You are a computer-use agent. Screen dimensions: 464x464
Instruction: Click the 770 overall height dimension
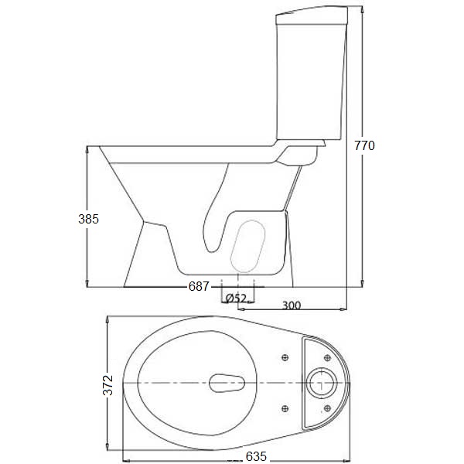[x=364, y=145]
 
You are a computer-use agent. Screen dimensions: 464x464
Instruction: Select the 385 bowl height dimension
[x=89, y=219]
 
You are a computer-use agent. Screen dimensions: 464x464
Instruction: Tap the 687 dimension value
[x=199, y=287]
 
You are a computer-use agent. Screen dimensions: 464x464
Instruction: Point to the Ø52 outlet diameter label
[x=235, y=298]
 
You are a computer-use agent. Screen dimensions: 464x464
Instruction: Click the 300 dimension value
[x=291, y=305]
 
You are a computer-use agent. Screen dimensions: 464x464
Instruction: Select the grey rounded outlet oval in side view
[x=249, y=246]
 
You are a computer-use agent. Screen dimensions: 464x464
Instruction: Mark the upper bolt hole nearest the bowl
[x=286, y=357]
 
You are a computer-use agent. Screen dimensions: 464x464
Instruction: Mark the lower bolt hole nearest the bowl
[x=286, y=408]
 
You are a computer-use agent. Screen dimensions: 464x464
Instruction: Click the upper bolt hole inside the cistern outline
[x=328, y=357]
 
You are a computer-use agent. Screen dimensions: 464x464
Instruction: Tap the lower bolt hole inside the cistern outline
[x=328, y=408]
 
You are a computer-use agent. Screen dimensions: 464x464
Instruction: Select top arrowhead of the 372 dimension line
[x=107, y=318]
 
